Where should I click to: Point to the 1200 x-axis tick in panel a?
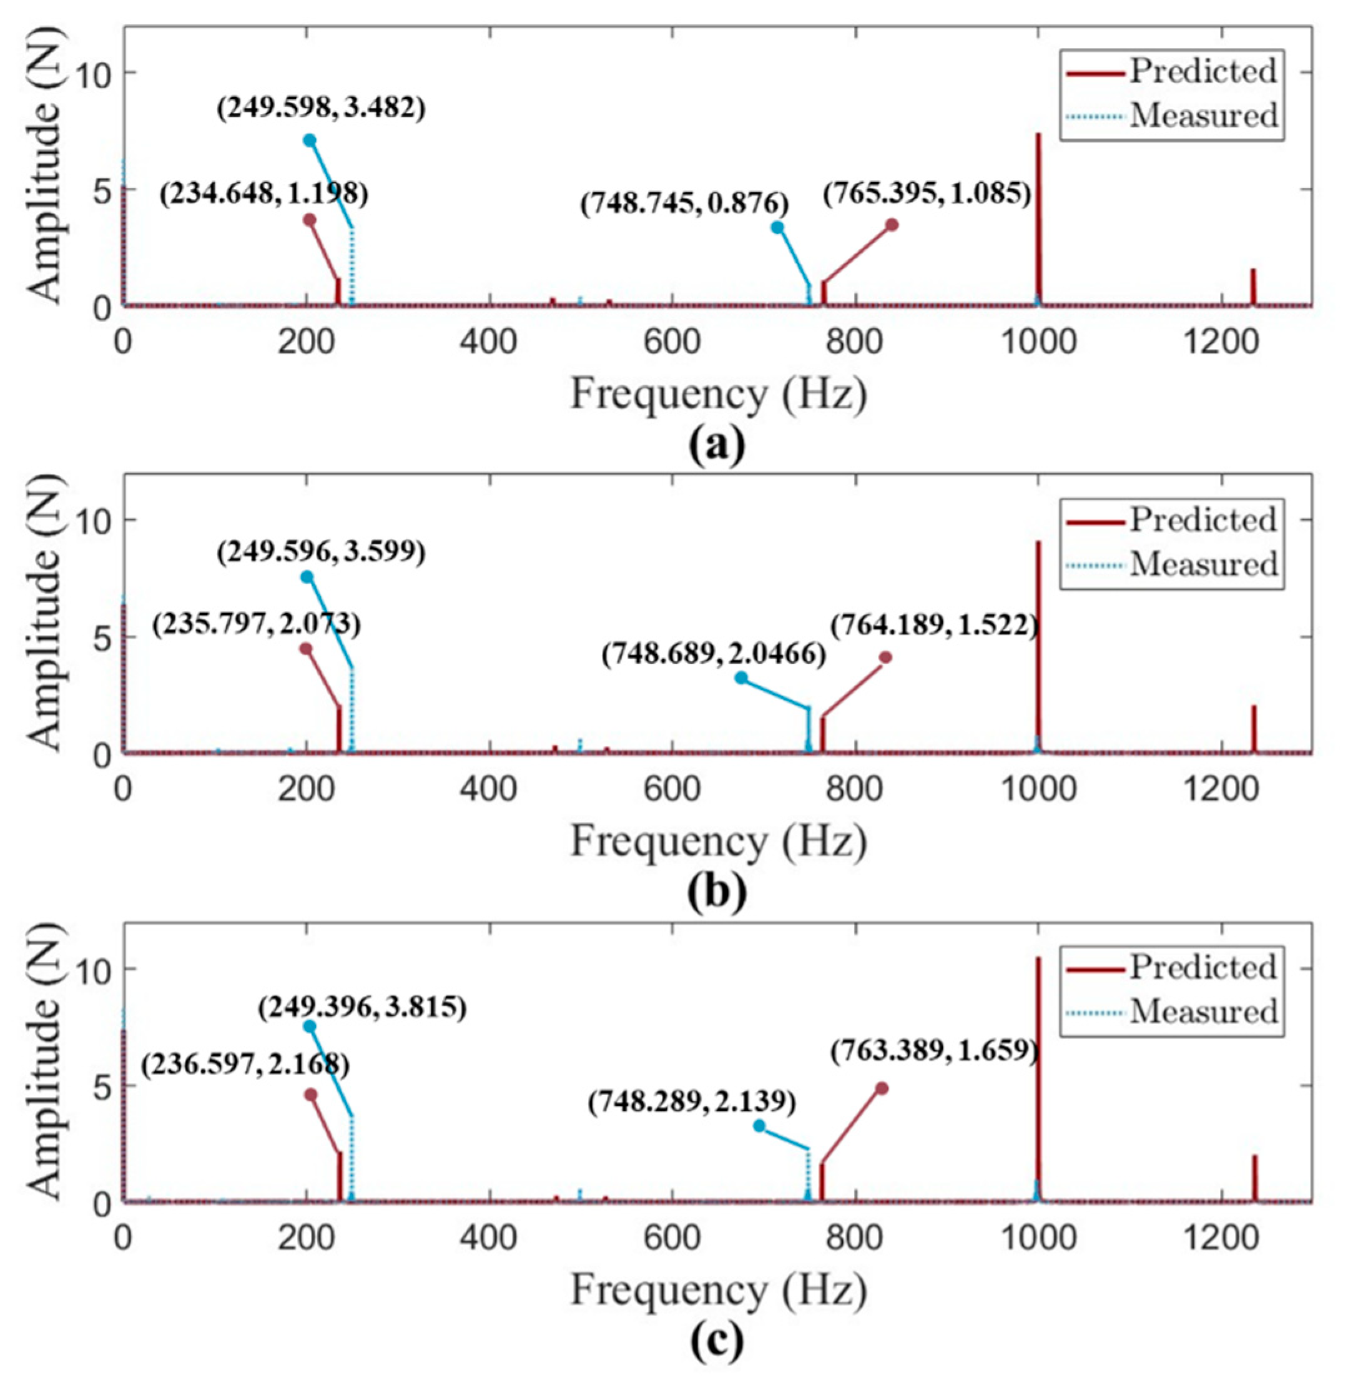pos(1221,343)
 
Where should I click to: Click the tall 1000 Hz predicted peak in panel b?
pos(1038,639)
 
